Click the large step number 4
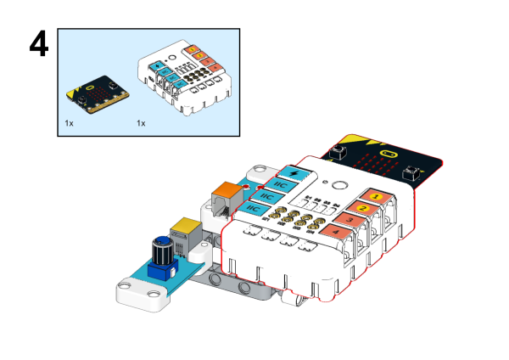tap(40, 44)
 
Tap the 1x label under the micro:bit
tap(70, 123)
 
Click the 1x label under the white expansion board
tap(142, 123)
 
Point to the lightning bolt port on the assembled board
tap(294, 173)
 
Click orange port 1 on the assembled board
tap(378, 196)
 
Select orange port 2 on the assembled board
tap(363, 208)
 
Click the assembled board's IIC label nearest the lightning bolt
tap(281, 184)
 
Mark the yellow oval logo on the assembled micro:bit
tap(389, 155)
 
